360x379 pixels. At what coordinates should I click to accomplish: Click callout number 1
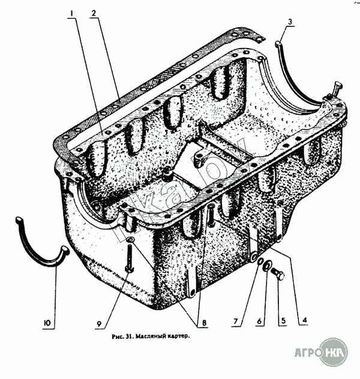pyautogui.click(x=71, y=14)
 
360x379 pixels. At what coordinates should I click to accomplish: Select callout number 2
pyautogui.click(x=94, y=13)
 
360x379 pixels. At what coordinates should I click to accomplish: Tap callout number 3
pyautogui.click(x=290, y=22)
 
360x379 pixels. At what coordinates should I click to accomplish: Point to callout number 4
pyautogui.click(x=304, y=320)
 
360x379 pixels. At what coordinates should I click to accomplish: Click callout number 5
pyautogui.click(x=283, y=321)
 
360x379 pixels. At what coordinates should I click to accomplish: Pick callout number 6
pyautogui.click(x=259, y=321)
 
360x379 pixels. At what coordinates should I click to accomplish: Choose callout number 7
pyautogui.click(x=236, y=321)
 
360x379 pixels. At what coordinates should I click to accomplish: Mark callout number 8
pyautogui.click(x=204, y=323)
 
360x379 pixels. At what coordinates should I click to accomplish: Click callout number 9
pyautogui.click(x=99, y=324)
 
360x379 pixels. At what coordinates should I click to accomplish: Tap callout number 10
pyautogui.click(x=47, y=323)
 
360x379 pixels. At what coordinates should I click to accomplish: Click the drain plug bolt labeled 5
pyautogui.click(x=278, y=274)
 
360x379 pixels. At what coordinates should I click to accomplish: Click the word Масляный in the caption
pyautogui.click(x=149, y=336)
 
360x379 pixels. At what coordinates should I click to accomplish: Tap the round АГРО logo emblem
pyautogui.click(x=334, y=353)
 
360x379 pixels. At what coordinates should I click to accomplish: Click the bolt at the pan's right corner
pyautogui.click(x=336, y=89)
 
